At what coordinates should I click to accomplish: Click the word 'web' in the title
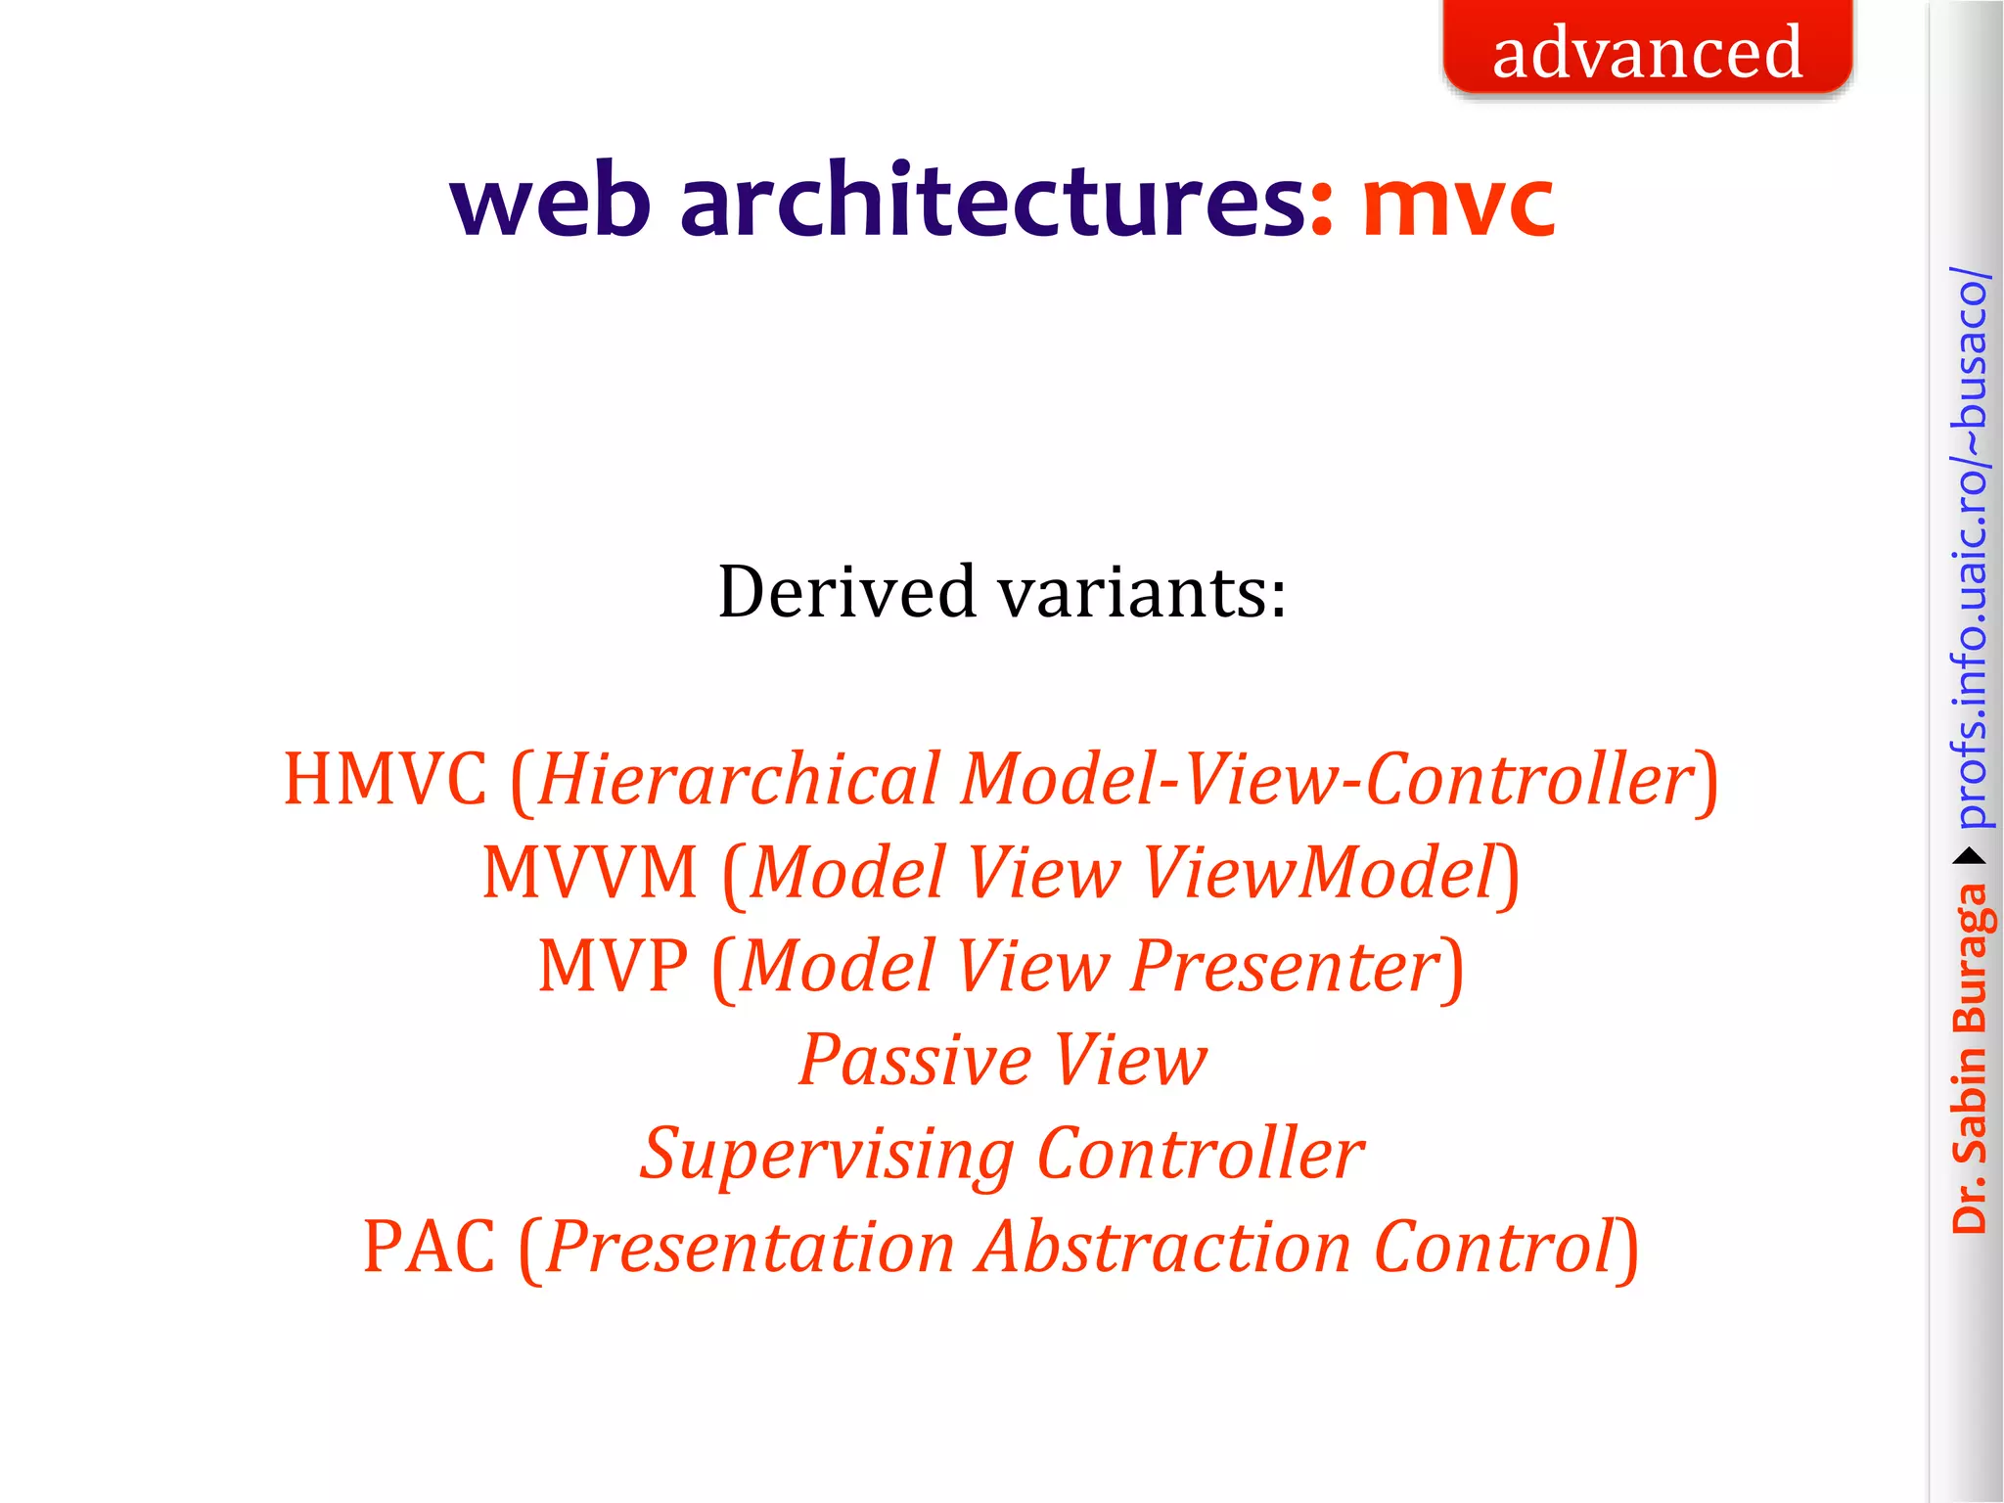pos(550,202)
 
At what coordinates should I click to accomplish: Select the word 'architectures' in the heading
pos(992,202)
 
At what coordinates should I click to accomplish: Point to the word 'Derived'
pos(847,592)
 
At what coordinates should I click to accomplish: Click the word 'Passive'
pos(914,1060)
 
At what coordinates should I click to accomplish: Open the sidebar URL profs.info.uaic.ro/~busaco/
pos(1969,548)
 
